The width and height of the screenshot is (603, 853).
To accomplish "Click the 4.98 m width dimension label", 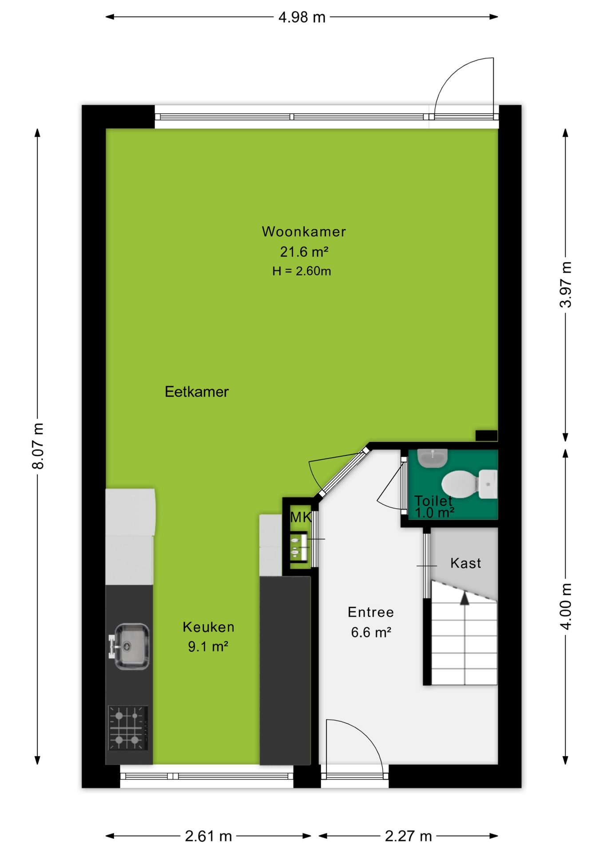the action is pos(302,17).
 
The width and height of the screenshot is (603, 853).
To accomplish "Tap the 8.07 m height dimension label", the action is pos(38,446).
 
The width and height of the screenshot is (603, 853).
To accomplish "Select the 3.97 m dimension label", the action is pos(566,285).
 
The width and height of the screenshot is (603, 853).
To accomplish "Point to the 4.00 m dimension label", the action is pos(566,606).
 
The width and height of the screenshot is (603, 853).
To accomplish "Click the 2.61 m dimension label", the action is pos(208,836).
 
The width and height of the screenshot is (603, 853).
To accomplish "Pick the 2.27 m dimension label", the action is pos(408,836).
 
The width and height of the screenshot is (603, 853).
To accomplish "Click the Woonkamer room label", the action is pos(304,231).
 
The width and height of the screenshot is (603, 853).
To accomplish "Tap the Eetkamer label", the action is pos(197,391).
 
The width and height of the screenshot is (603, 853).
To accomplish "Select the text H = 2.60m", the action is pos(301,271).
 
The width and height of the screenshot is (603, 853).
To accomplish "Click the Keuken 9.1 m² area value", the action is pos(208,646).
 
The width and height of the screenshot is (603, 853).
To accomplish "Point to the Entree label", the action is pos(371,612).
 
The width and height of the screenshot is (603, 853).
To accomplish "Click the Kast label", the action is pos(465,563).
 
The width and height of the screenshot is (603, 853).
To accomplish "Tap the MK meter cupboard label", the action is pos(301,517).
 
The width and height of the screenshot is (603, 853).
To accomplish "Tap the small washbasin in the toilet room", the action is pos(432,458).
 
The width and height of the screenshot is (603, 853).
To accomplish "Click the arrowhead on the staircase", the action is pos(464,598).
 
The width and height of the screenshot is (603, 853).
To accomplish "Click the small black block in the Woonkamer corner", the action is pos(486,435).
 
